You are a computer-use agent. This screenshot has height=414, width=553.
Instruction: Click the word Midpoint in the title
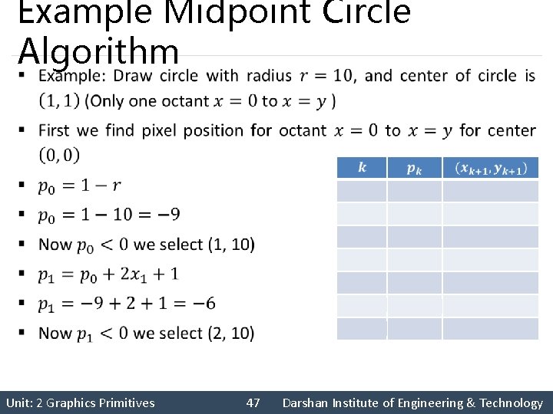point(208,11)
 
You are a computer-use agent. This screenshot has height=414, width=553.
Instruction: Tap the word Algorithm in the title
point(98,51)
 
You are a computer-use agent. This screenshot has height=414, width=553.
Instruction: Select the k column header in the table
point(362,168)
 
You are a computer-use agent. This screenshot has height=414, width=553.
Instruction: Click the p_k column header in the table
point(414,168)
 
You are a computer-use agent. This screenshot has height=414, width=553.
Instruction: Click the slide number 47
point(253,402)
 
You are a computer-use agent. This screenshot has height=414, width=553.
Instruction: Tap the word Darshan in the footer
point(305,402)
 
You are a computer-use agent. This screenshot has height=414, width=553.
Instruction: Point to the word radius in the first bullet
point(269,76)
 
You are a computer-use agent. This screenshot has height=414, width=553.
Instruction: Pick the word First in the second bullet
point(55,130)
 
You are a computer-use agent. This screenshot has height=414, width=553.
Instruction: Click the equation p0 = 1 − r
point(79,186)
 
